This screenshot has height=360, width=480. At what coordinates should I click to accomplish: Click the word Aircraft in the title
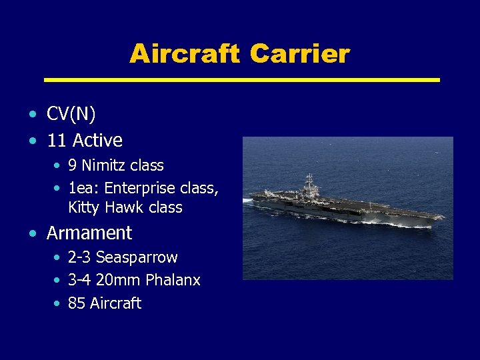184,53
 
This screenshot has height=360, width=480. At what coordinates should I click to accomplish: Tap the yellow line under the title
241,79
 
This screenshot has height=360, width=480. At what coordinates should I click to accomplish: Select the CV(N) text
71,115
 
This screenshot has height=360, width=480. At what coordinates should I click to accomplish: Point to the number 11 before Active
56,141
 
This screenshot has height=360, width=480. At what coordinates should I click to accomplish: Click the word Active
97,141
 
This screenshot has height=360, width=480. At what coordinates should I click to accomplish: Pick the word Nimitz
104,165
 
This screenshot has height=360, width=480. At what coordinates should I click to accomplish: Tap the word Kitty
84,207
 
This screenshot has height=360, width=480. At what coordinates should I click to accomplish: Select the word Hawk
125,207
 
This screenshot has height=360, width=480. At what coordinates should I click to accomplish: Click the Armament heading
89,233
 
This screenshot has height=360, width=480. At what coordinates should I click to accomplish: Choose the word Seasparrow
137,257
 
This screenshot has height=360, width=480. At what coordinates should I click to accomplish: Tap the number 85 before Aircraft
77,303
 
